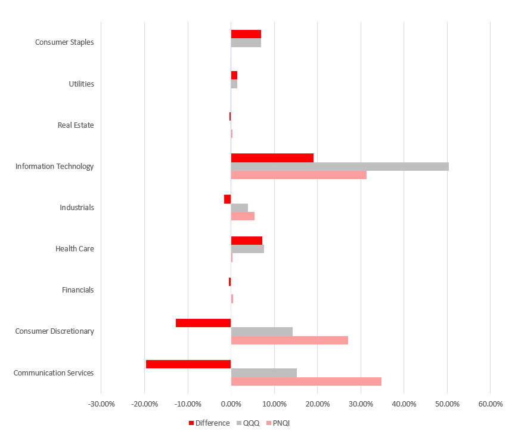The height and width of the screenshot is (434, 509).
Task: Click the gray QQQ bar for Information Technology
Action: (x=340, y=167)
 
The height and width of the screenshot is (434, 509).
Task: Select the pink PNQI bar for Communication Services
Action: (x=306, y=381)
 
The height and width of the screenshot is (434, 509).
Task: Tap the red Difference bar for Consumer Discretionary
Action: (x=203, y=323)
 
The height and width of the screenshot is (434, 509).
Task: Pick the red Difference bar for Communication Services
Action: (x=188, y=364)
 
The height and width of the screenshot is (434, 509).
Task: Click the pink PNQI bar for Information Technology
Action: (x=299, y=175)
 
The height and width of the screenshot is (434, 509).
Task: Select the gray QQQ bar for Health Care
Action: (x=247, y=249)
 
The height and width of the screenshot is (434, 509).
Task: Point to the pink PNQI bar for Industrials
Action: (x=243, y=216)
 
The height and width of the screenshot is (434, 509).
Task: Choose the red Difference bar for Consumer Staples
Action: (x=246, y=34)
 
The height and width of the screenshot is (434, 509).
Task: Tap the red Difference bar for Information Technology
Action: (x=272, y=158)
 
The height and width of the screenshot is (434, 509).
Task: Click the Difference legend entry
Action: (x=209, y=423)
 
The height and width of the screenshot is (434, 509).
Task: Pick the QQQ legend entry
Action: (x=248, y=423)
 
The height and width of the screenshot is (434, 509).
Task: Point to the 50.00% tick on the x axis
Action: (x=447, y=404)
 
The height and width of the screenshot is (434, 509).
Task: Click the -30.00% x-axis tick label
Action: (x=101, y=404)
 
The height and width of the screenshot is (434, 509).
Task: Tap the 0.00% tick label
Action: (x=231, y=404)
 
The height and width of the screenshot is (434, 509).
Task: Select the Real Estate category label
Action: (x=76, y=125)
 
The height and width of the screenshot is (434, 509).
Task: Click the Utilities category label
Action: (x=81, y=84)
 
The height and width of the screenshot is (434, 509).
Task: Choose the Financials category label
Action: (x=77, y=290)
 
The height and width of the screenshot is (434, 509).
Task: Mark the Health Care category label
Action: (x=75, y=249)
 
